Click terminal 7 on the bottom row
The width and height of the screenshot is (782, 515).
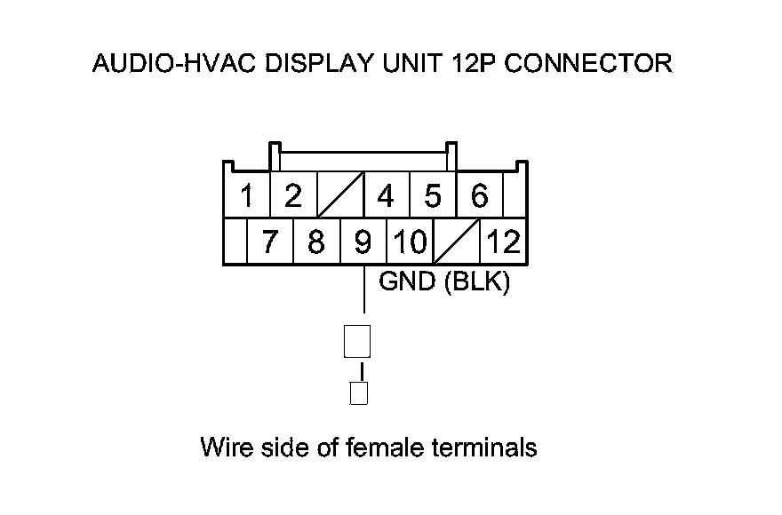pyautogui.click(x=269, y=242)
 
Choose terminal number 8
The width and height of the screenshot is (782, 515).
pyautogui.click(x=315, y=242)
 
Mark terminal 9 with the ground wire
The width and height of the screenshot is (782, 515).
pyautogui.click(x=363, y=242)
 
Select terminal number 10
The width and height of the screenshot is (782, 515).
pyautogui.click(x=409, y=242)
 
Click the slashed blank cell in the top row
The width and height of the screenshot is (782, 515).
pyautogui.click(x=339, y=195)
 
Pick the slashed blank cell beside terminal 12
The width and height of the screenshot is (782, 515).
pyautogui.click(x=456, y=242)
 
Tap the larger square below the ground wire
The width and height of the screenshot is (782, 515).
pyautogui.click(x=357, y=341)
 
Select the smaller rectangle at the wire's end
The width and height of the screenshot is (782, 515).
pyautogui.click(x=359, y=392)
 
